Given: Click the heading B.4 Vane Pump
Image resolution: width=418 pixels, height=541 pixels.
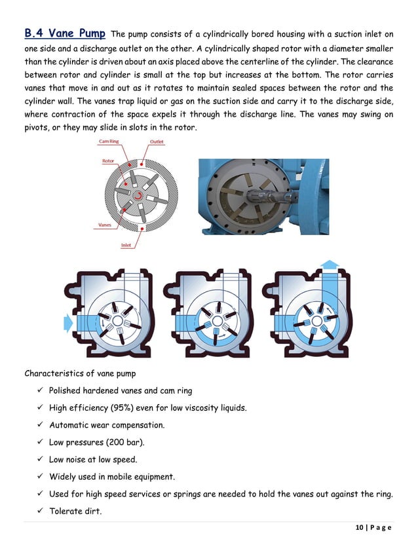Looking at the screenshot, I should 64,33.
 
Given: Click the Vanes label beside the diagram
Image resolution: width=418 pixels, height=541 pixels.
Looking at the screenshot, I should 104,225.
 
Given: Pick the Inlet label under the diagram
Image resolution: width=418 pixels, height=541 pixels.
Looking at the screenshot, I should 126,246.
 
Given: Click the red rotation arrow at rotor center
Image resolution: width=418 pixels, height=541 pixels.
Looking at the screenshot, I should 138,195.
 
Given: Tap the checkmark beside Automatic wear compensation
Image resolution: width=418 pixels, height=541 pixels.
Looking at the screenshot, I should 40,424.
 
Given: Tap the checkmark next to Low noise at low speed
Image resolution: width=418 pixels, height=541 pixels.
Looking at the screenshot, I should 40,459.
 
